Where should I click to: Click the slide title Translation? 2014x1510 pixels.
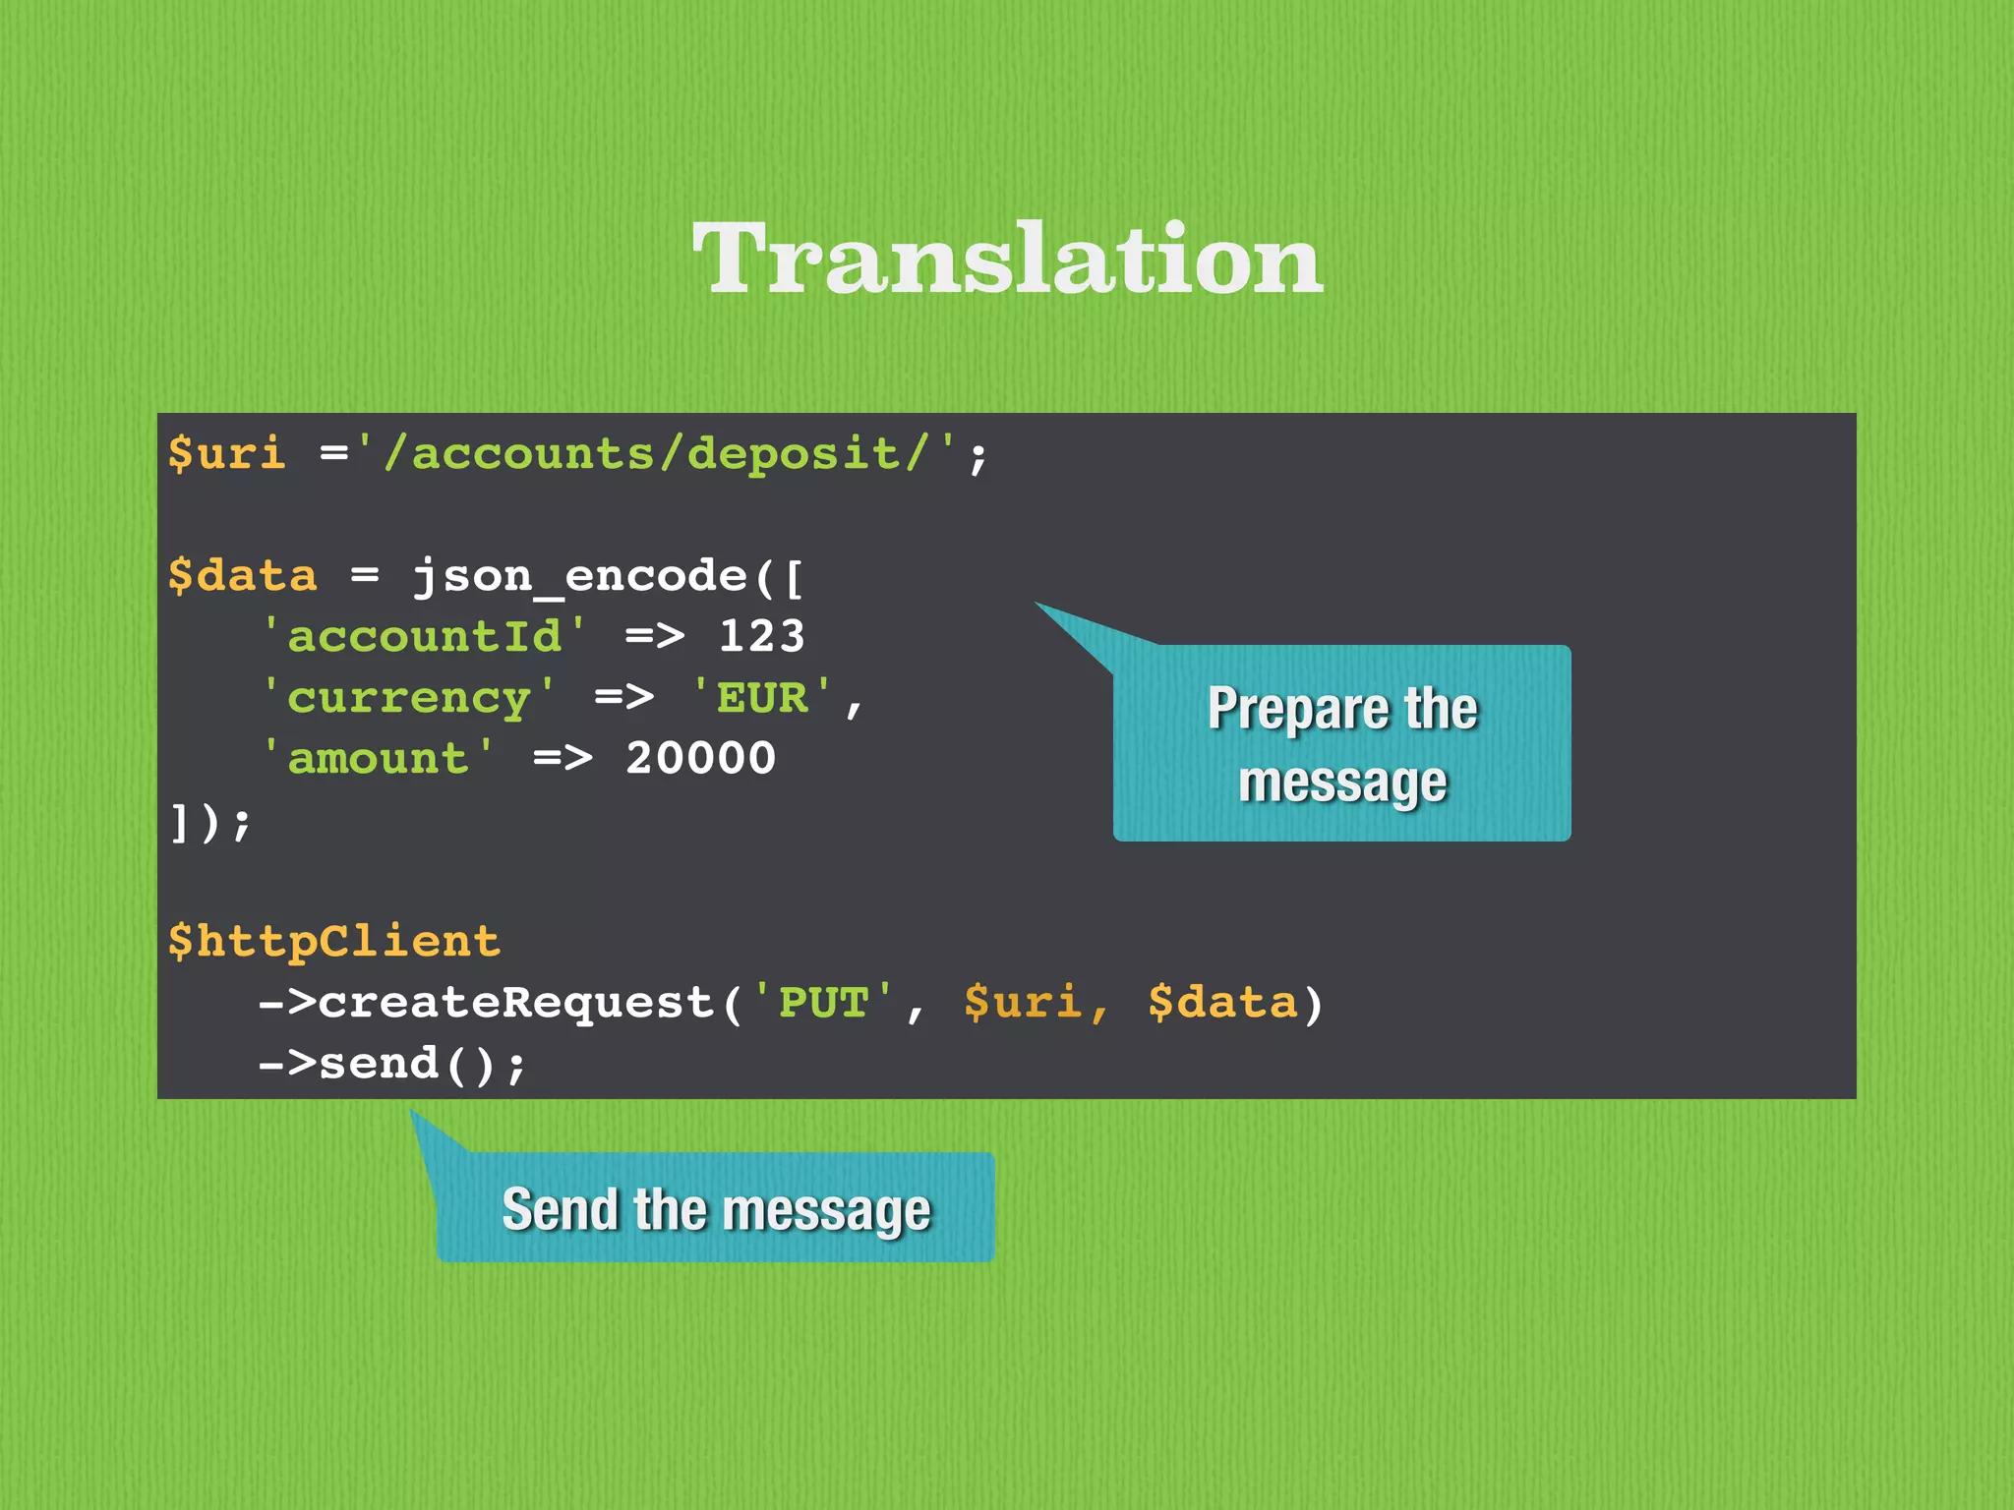pos(1007,258)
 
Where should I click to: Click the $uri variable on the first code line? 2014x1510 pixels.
pos(226,454)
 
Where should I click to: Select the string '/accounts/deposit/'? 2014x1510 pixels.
pos(656,454)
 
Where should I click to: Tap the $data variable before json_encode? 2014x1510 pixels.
pos(242,576)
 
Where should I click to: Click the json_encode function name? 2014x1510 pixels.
pos(580,576)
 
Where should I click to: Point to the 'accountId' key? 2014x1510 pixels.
pos(424,637)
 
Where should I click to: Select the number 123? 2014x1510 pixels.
pos(762,637)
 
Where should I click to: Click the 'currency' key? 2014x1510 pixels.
pos(408,698)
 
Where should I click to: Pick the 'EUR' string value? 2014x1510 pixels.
pos(762,698)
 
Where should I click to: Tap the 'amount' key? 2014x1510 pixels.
pos(378,759)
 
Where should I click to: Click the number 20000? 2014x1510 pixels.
pos(700,759)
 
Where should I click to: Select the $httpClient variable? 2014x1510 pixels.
pos(333,942)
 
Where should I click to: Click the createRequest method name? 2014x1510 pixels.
pos(516,1003)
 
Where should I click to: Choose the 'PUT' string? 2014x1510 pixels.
pos(823,1003)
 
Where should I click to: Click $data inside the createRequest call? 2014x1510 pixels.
pos(1222,1003)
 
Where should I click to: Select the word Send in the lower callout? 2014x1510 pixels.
pos(559,1209)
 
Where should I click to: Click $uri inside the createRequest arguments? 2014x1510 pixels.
pos(1023,1003)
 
